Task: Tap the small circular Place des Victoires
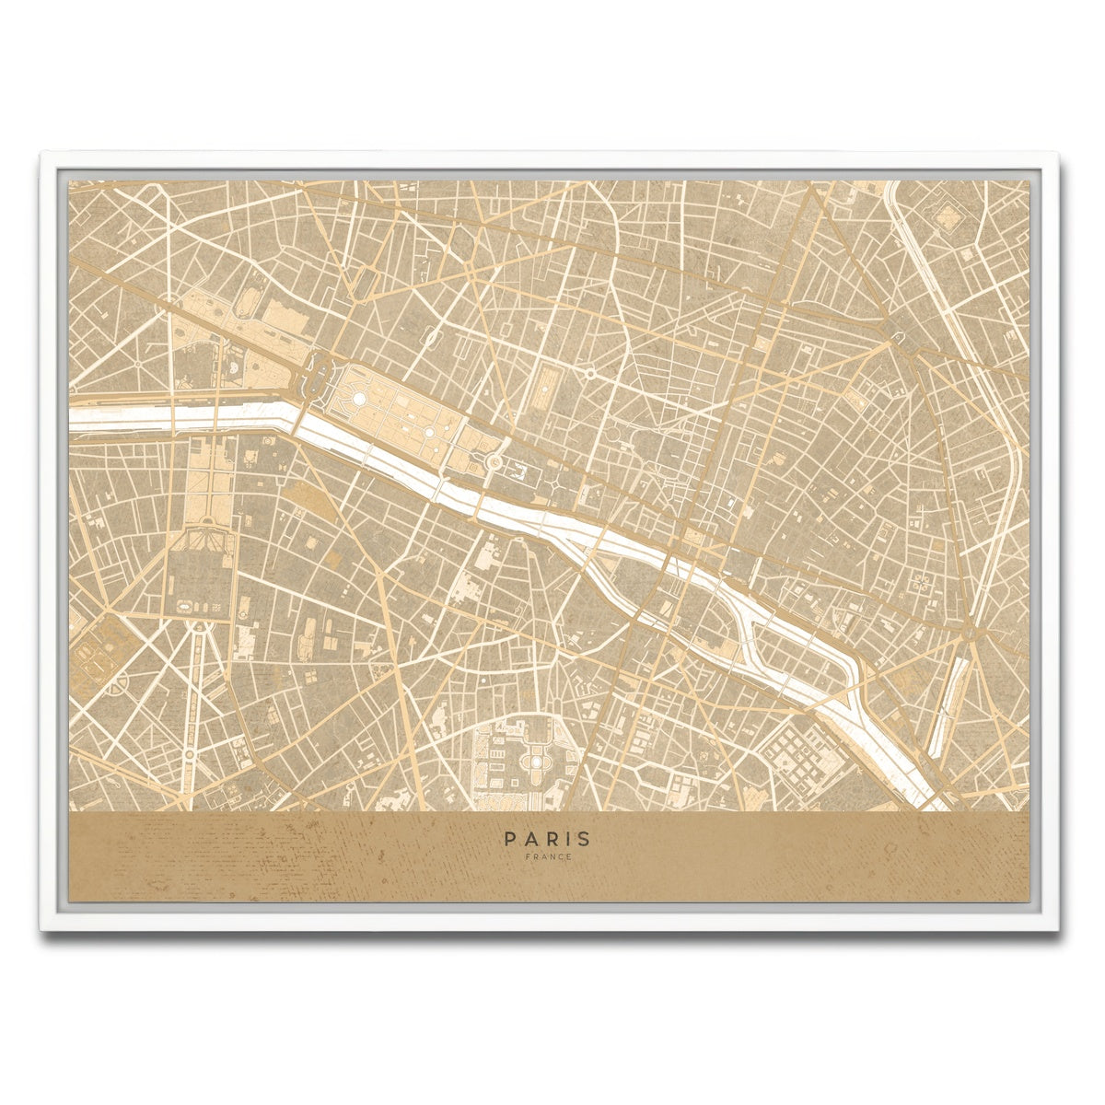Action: (588, 374)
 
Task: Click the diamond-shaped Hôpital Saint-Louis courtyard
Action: (948, 216)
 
